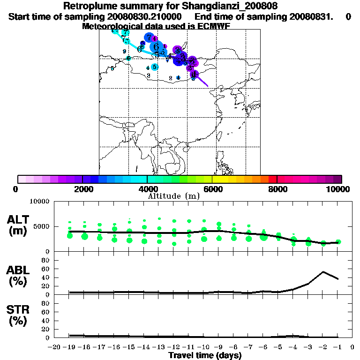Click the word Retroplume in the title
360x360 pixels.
click(x=88, y=7)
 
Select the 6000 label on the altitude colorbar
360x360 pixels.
click(x=212, y=189)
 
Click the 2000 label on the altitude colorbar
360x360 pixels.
click(x=82, y=189)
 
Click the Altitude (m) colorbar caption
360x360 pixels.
click(x=173, y=196)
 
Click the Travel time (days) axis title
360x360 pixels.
click(x=205, y=356)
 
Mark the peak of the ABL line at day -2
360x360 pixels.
click(x=323, y=271)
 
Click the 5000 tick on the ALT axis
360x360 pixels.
click(x=41, y=227)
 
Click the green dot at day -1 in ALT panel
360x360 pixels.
click(x=338, y=242)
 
